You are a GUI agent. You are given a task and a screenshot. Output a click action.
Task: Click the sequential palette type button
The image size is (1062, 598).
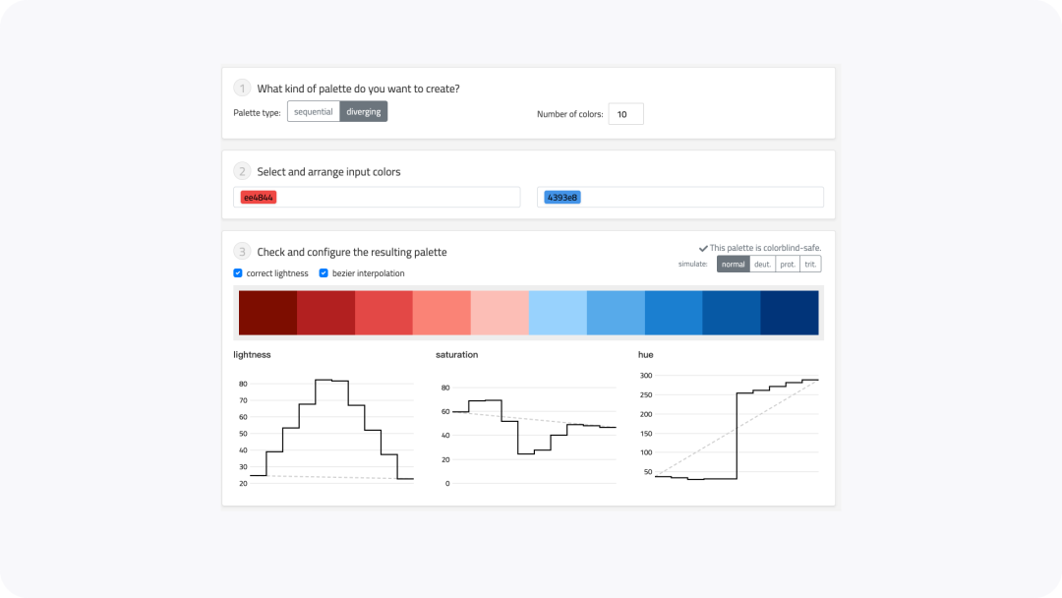point(314,112)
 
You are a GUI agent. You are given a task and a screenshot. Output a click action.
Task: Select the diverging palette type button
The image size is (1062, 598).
point(364,112)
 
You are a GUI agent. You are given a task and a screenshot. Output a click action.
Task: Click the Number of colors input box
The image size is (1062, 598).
point(625,114)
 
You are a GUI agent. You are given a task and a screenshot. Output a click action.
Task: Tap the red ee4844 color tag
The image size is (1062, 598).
point(258,197)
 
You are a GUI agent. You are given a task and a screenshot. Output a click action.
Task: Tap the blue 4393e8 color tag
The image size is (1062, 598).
point(562,197)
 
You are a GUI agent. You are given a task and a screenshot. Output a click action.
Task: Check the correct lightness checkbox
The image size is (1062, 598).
point(238,272)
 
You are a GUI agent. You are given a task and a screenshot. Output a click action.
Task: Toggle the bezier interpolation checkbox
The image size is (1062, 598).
point(324,272)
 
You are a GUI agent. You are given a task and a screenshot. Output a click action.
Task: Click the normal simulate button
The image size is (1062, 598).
point(734,265)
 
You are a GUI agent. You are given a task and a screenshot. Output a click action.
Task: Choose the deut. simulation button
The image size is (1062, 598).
point(763,265)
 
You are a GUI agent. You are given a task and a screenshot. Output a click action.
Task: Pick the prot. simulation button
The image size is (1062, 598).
point(788,265)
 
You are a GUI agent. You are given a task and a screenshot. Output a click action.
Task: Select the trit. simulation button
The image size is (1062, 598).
point(810,265)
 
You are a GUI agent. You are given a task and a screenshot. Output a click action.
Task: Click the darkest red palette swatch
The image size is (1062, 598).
point(268,313)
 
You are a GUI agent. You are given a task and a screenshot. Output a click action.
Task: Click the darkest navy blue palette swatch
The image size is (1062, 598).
point(790,313)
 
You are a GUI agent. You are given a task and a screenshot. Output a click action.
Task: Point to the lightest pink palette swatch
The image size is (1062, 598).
point(500,313)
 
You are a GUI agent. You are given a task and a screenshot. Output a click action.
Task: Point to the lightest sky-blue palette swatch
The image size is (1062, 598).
point(559,313)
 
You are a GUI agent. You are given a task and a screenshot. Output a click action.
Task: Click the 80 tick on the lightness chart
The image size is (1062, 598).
point(243,384)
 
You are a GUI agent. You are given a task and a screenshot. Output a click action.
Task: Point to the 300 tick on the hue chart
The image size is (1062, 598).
point(646,375)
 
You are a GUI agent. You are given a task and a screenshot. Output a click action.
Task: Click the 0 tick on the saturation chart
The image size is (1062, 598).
point(447,484)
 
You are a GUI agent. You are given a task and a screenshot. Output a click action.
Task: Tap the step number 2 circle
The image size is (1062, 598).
point(242,171)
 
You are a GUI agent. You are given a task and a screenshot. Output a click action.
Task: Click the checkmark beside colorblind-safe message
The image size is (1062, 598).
point(703,249)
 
